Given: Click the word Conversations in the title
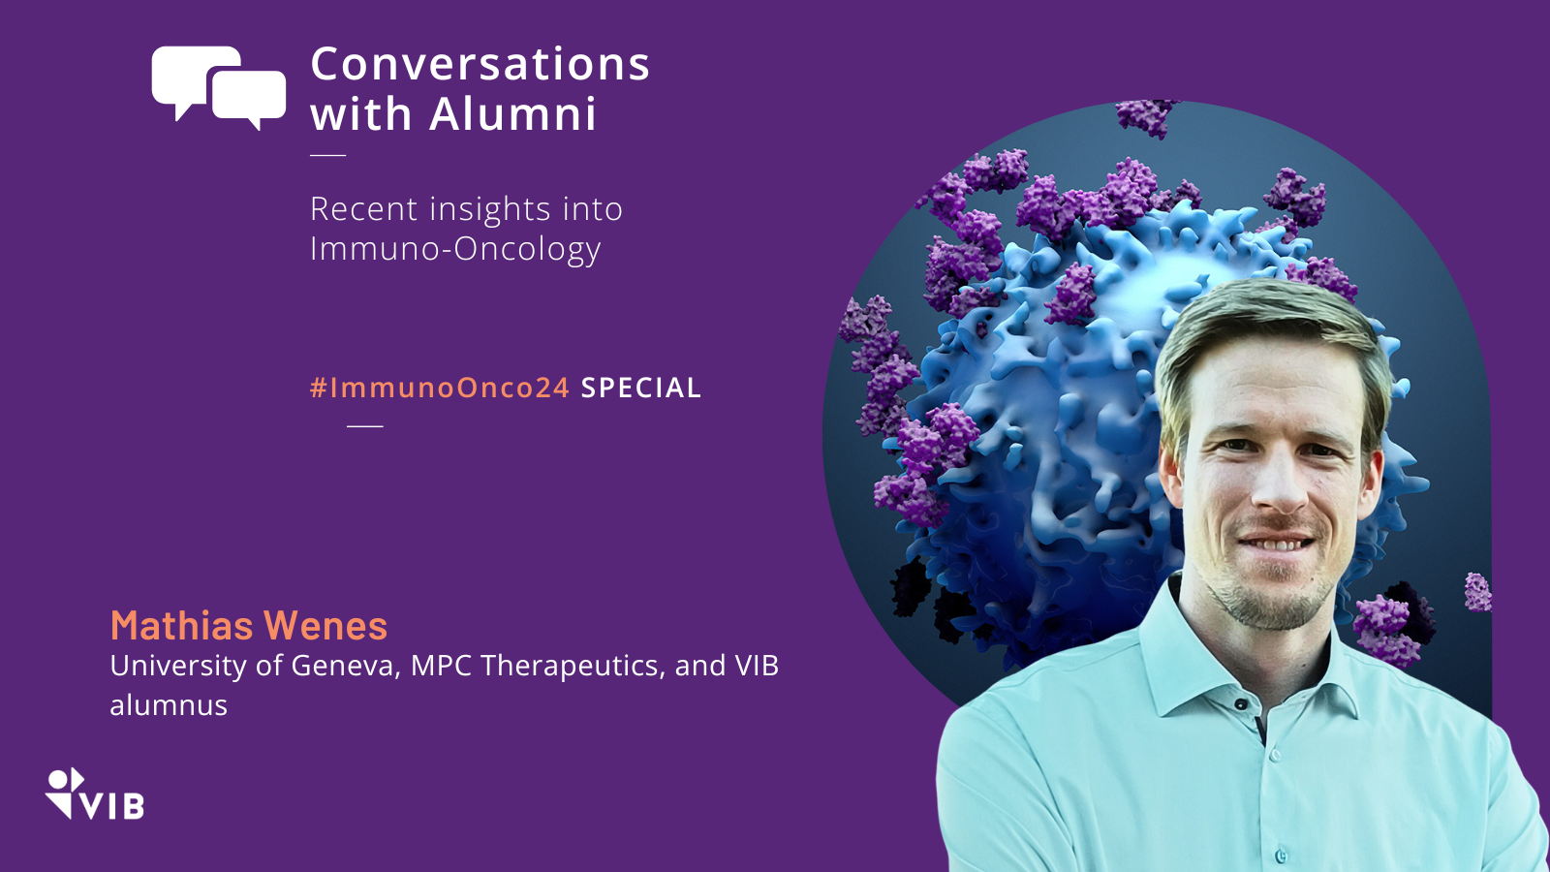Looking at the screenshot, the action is pyautogui.click(x=480, y=64).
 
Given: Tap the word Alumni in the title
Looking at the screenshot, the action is pyautogui.click(x=512, y=113).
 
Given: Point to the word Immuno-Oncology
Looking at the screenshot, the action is pyautogui.click(x=455, y=249).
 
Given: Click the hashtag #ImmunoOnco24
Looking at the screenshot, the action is pyautogui.click(x=440, y=388).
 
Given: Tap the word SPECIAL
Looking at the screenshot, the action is pyautogui.click(x=640, y=388).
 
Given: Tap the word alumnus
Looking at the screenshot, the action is pyautogui.click(x=169, y=705).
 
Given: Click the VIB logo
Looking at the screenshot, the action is pyautogui.click(x=94, y=794).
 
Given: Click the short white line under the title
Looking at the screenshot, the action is pyautogui.click(x=328, y=155).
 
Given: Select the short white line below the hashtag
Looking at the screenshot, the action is pyautogui.click(x=364, y=426).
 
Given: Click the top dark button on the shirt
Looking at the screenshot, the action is pyautogui.click(x=1241, y=703).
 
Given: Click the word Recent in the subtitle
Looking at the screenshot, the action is pyautogui.click(x=364, y=208).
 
